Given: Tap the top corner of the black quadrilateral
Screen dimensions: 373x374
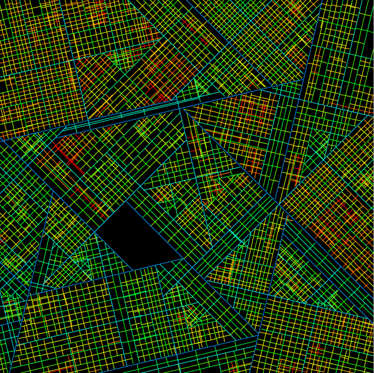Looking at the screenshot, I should (x=127, y=201).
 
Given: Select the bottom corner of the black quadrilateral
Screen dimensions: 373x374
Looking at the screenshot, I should (x=134, y=270).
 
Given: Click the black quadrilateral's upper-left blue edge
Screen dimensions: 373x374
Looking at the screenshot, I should (x=110, y=216).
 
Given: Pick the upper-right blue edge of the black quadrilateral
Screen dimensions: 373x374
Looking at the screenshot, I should (x=155, y=229).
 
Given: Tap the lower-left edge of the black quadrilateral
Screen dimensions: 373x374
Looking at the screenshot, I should (x=114, y=251).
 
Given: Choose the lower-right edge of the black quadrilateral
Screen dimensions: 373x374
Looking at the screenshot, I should (x=158, y=264).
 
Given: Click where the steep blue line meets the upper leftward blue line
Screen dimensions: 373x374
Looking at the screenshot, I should (x=304, y=80).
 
